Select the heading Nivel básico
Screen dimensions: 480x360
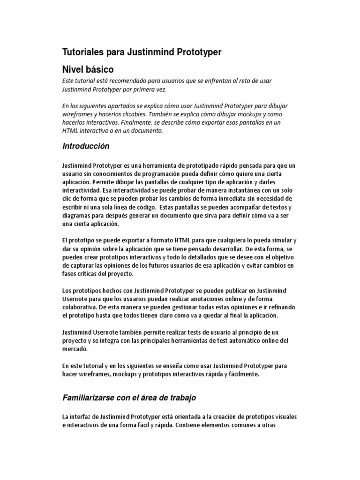88,69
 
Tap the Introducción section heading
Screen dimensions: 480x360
86,146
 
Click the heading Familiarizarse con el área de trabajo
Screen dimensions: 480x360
129,397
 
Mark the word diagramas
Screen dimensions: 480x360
78,216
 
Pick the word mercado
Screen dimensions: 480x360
75,349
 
